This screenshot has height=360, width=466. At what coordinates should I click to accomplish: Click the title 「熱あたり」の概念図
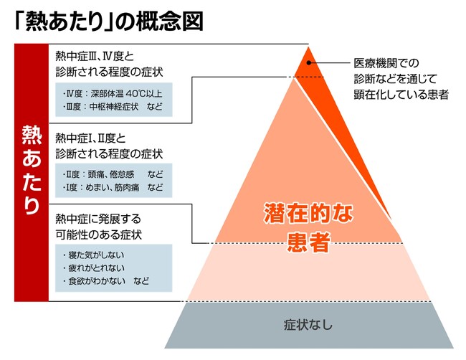pos(109,22)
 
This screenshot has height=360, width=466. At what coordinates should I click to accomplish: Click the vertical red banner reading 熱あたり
pos(32,172)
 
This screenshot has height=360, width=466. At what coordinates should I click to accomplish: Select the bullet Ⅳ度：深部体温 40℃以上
pos(113,94)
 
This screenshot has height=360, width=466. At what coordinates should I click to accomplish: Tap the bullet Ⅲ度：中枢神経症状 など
pos(113,106)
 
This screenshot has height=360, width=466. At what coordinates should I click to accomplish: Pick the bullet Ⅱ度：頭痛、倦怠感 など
pos(113,174)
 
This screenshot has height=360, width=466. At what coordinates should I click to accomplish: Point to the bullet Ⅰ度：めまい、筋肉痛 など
pos(113,187)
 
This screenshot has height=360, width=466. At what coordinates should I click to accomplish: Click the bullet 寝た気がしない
pos(93,255)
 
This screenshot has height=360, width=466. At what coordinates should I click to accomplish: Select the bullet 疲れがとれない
pos(93,267)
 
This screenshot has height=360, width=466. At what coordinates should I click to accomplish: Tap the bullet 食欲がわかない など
pos(106,281)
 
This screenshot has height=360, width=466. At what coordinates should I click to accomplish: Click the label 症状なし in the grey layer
pos(308,325)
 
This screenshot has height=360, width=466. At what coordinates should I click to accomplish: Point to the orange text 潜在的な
pos(308,213)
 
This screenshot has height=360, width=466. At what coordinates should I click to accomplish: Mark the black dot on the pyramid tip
pos(309,62)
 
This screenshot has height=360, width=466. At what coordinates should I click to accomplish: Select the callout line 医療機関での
pos(386,63)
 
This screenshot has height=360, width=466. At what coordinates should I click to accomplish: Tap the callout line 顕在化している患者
pos(401,94)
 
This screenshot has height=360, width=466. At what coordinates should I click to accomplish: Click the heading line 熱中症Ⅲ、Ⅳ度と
pos(95,56)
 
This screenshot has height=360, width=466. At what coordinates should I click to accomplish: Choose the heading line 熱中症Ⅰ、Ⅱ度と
pos(90,138)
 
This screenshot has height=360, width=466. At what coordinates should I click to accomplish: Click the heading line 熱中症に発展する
pos(98,219)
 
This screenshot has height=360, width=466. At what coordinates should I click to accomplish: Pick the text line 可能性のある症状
pos(99,235)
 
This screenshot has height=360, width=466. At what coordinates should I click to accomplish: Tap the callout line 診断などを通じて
pos(395,79)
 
